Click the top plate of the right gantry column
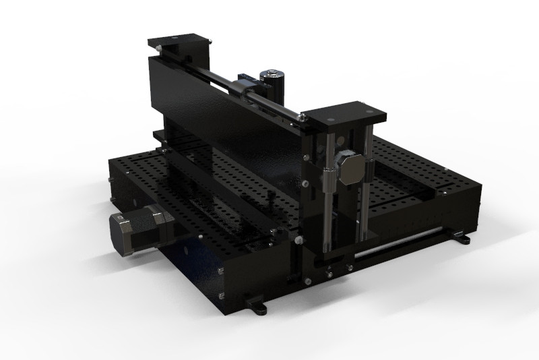(344, 113)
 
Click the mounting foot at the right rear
(464, 237)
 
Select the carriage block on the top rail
(247, 87)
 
